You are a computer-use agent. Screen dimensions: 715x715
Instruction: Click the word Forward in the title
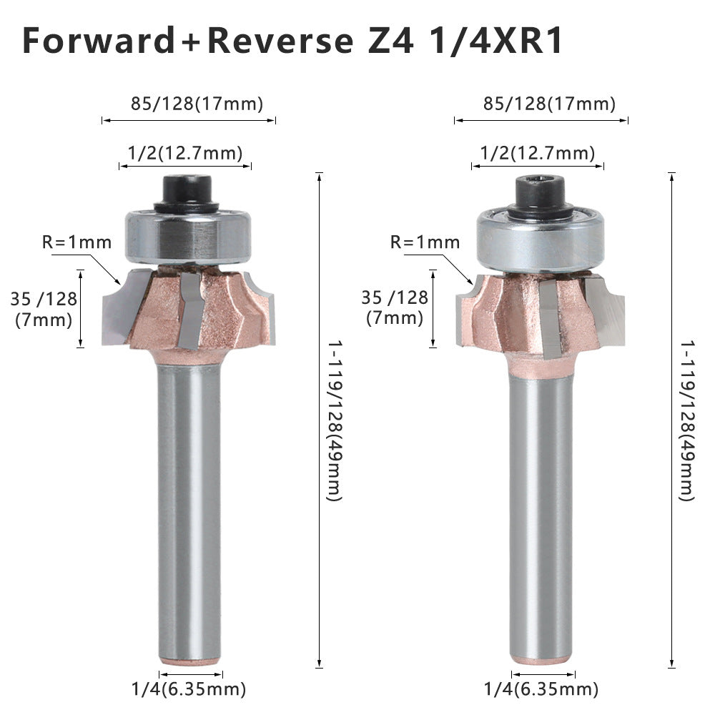[x=99, y=41]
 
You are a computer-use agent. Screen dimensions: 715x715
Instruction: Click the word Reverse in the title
[x=280, y=41]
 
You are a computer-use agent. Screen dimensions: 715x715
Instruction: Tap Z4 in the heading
[x=391, y=41]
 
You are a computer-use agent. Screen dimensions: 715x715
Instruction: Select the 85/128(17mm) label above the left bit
[x=197, y=104]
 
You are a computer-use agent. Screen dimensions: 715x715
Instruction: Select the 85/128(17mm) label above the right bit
[x=549, y=104]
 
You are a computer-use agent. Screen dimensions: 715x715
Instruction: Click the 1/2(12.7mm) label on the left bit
[x=185, y=153]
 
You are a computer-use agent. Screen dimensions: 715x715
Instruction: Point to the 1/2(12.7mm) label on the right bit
[x=538, y=153]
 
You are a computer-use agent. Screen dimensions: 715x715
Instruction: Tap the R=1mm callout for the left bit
[x=77, y=242]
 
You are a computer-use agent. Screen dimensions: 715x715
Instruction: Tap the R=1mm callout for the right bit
[x=425, y=242]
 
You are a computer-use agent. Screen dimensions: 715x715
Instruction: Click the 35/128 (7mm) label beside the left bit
[x=44, y=310]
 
